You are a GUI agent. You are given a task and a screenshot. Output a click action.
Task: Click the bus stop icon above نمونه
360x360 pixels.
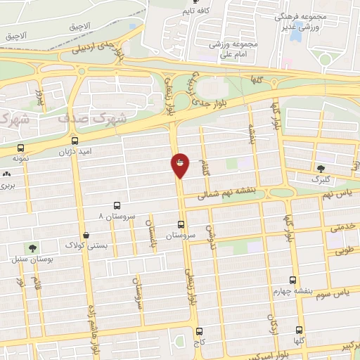pyautogui.click(x=20, y=148)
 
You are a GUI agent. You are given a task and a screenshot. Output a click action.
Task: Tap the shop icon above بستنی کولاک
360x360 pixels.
pyautogui.click(x=86, y=235)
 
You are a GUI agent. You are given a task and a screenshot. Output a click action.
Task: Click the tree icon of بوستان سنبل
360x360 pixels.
pyautogui.click(x=32, y=247)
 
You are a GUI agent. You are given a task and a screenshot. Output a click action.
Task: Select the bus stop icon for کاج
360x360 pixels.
pyautogui.click(x=199, y=330)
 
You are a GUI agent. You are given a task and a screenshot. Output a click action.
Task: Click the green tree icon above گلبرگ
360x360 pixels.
pyautogui.click(x=321, y=168)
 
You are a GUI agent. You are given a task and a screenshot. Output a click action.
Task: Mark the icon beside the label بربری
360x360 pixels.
pyautogui.click(x=6, y=174)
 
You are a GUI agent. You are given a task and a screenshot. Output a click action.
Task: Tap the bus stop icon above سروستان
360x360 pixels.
pyautogui.click(x=181, y=225)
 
